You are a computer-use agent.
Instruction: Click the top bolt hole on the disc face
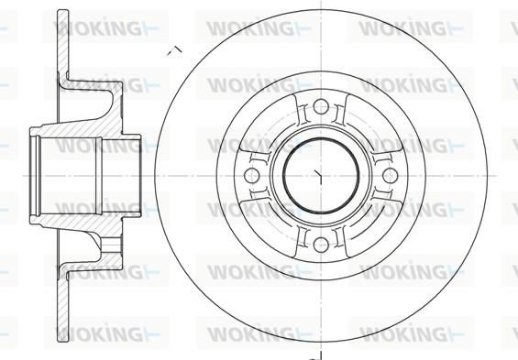click(321, 106)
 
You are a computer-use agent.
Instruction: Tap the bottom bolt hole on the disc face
click(321, 245)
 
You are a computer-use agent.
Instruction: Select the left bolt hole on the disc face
click(251, 175)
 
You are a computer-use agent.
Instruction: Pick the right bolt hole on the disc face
click(391, 175)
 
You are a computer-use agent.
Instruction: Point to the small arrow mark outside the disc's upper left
click(174, 50)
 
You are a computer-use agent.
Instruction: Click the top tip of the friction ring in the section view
click(63, 10)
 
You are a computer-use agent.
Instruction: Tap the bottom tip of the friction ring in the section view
click(63, 340)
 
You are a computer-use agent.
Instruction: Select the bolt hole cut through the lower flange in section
click(111, 245)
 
